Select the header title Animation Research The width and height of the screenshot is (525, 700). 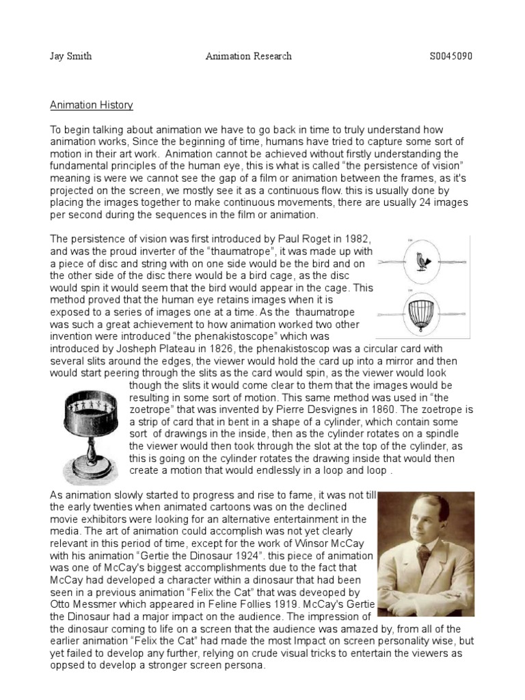(249, 55)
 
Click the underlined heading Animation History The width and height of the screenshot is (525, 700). (92, 105)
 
